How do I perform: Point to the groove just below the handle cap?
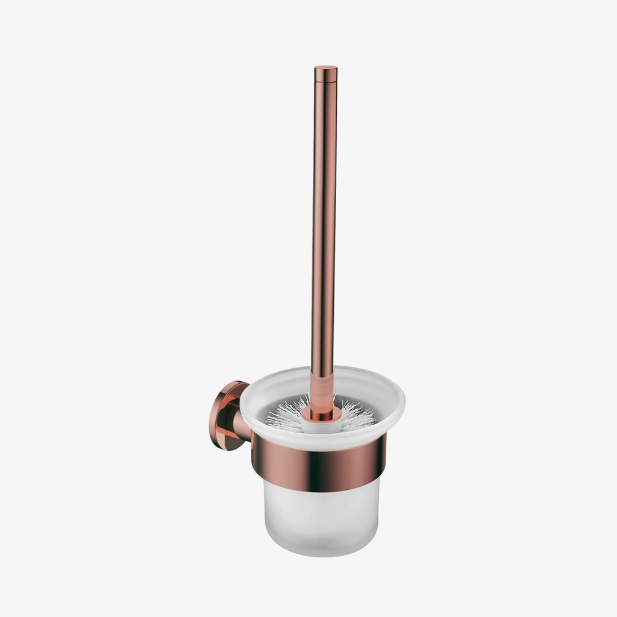click(x=325, y=81)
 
